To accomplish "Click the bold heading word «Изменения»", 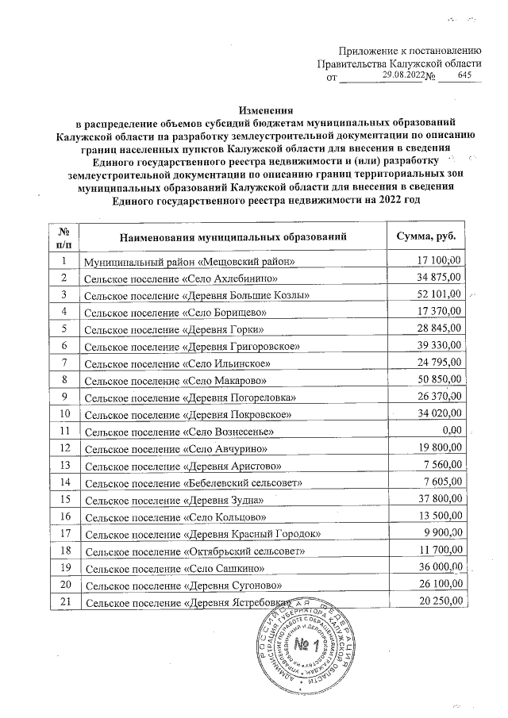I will (266, 110).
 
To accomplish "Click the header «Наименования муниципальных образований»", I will (234, 236).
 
